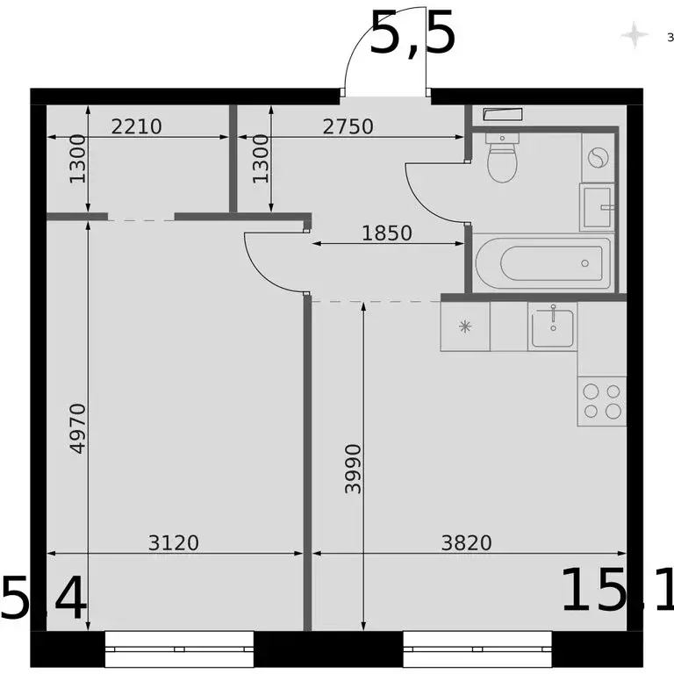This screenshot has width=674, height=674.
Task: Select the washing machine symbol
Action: pos(598,158)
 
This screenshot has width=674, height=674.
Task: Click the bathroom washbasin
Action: pos(599,207)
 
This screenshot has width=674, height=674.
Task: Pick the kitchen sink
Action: pos(552,326)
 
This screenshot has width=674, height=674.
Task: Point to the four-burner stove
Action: pos(602,401)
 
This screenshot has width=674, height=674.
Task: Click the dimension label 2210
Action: pos(137,126)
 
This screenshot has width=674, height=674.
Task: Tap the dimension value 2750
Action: pos(348,126)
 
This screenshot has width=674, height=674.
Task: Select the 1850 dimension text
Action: pos(387,233)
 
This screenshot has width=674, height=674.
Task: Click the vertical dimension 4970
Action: pos(77,427)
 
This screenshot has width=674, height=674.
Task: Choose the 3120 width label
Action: pos(174,543)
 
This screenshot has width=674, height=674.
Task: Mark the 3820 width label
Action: pos(466,543)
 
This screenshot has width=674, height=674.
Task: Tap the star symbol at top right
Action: pos(633,36)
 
